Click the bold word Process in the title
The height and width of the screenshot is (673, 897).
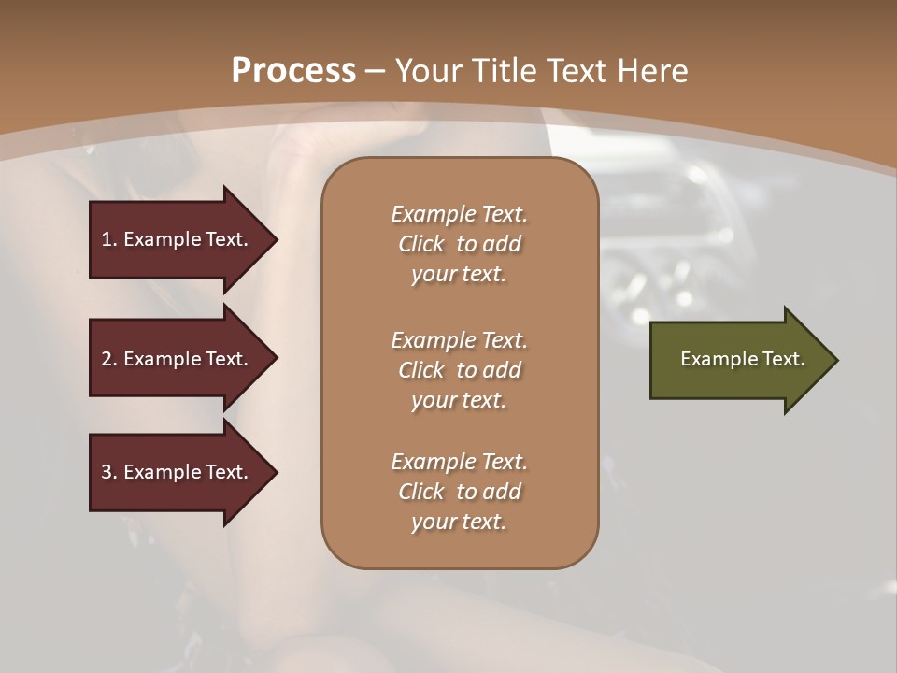click(293, 71)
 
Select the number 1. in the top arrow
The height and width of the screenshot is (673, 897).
click(109, 239)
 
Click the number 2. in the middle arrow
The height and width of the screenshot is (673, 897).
click(109, 359)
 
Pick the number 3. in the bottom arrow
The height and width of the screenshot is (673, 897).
click(109, 472)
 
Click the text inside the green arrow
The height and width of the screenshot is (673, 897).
click(742, 359)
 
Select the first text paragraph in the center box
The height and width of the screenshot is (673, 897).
click(459, 244)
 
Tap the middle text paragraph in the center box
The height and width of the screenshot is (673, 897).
click(459, 370)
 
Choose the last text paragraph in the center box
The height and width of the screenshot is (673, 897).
click(459, 492)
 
